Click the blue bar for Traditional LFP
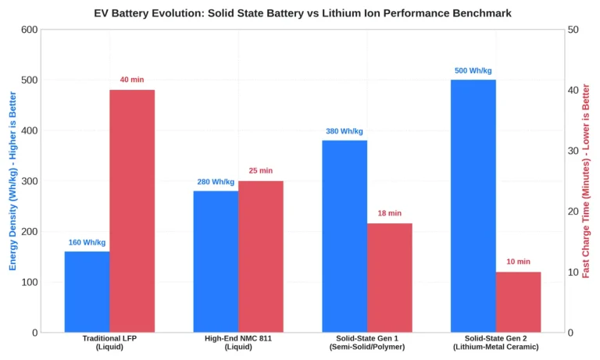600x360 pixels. pos(87,291)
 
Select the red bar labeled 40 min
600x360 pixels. pos(132,211)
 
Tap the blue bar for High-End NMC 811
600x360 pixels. pos(216,262)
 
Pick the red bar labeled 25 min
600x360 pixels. pos(261,256)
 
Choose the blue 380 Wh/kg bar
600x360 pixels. pos(345,236)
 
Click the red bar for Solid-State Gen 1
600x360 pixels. pos(390,278)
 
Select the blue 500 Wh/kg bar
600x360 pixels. pos(473,206)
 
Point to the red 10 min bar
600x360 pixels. pos(519,302)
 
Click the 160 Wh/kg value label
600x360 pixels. pos(87,242)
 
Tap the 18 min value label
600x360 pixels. pos(390,213)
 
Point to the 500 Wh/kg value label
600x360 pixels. pos(473,70)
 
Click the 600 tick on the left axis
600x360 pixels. pos(30,30)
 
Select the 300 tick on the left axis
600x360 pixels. pos(30,181)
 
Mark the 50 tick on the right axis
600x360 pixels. pos(573,30)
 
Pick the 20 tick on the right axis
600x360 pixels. pos(573,211)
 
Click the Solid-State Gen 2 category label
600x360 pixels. pos(496,342)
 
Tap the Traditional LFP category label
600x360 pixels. pos(109,342)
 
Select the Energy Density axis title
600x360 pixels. pos(12,180)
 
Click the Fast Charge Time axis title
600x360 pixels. pos(586,181)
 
